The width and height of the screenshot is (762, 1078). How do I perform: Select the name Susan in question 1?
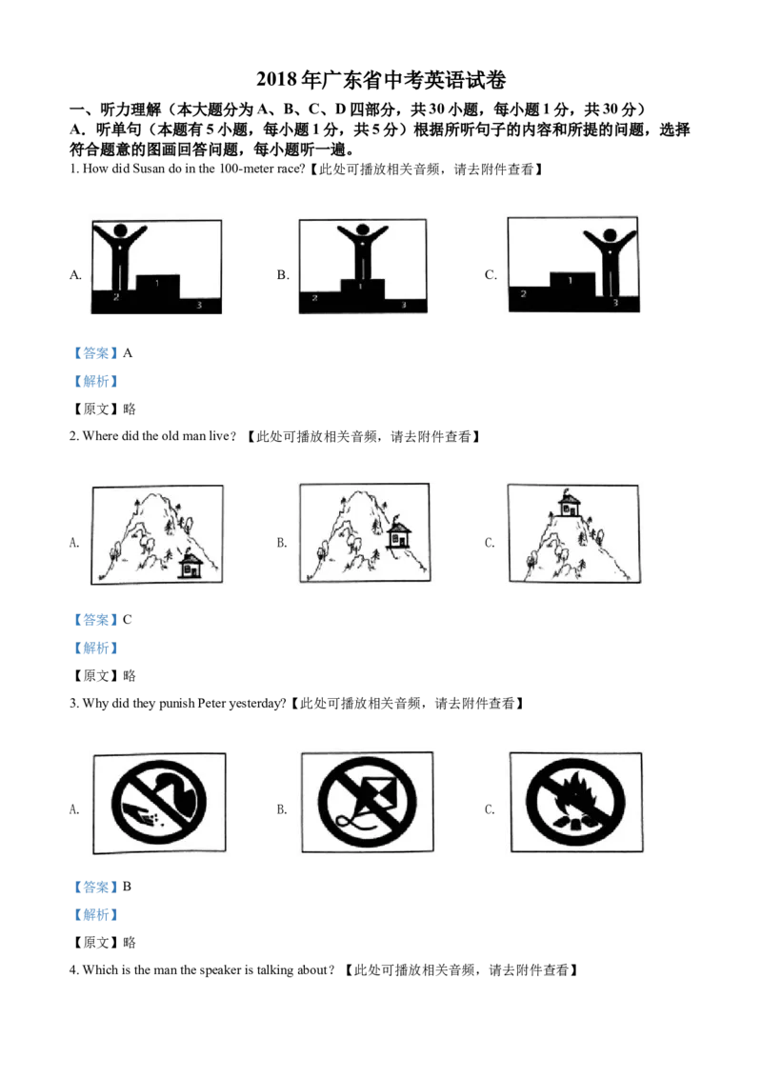148,170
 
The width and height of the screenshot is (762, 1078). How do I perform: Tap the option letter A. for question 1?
75,274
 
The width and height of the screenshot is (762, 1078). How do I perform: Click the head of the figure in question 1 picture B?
362,231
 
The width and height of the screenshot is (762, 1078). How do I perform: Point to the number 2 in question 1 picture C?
523,293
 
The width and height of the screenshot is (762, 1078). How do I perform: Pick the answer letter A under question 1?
128,352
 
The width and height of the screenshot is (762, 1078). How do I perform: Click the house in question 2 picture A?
190,565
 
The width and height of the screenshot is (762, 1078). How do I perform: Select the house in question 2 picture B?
399,534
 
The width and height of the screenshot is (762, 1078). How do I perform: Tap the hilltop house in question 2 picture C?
570,505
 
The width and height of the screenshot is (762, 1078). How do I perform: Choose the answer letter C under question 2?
128,619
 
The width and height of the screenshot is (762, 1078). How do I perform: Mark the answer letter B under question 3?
128,887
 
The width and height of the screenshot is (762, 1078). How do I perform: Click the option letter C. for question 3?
490,809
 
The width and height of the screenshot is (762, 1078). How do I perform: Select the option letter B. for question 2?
282,543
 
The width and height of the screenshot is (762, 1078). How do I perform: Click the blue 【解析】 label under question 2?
95,648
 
